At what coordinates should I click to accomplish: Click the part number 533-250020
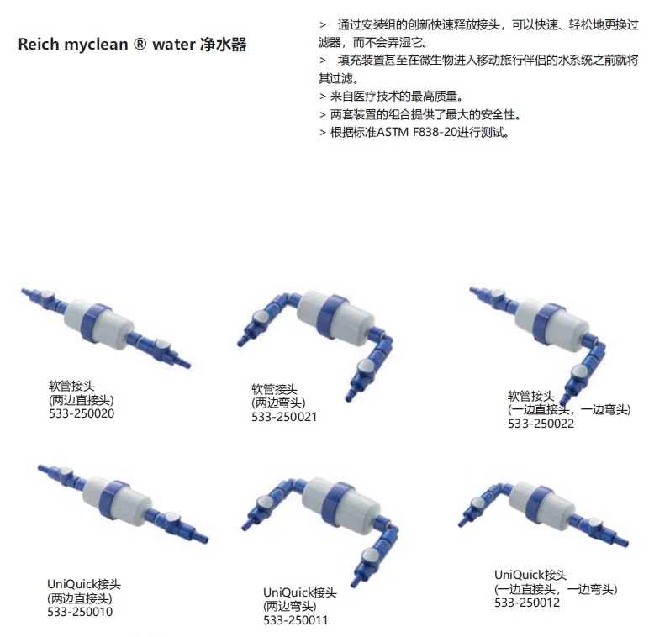pyautogui.click(x=82, y=413)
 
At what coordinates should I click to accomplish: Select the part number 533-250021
pyautogui.click(x=284, y=416)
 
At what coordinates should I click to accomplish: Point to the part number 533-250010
pyautogui.click(x=80, y=611)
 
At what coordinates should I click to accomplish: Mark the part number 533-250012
pyautogui.click(x=527, y=602)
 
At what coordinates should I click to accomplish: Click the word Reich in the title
pyautogui.click(x=39, y=45)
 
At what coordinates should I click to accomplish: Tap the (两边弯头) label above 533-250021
pyautogui.click(x=278, y=403)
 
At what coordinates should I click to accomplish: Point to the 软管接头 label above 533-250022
pyautogui.click(x=530, y=395)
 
